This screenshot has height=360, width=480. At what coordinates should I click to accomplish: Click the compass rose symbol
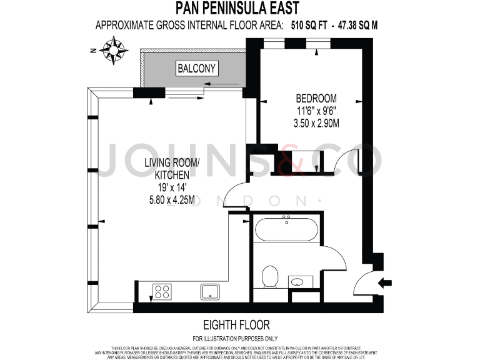click(x=114, y=49)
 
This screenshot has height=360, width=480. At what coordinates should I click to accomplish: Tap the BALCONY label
click(x=196, y=68)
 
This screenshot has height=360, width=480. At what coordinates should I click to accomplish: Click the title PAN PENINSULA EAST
click(x=236, y=8)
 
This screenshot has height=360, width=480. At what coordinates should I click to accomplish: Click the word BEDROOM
click(x=316, y=98)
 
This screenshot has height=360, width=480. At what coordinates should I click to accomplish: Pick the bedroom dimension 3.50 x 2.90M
click(x=316, y=122)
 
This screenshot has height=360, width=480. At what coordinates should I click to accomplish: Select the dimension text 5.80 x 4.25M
click(x=171, y=201)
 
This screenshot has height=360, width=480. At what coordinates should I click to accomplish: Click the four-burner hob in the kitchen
click(x=162, y=291)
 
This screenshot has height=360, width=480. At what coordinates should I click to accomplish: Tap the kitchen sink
click(x=209, y=291)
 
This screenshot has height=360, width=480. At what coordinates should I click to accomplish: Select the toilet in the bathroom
click(x=270, y=277)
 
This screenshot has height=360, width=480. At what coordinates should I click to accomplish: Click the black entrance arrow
click(x=386, y=282)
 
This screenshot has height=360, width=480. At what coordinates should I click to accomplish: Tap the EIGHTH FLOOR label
click(x=237, y=325)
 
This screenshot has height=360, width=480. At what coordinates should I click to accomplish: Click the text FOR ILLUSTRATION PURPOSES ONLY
click(x=237, y=338)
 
